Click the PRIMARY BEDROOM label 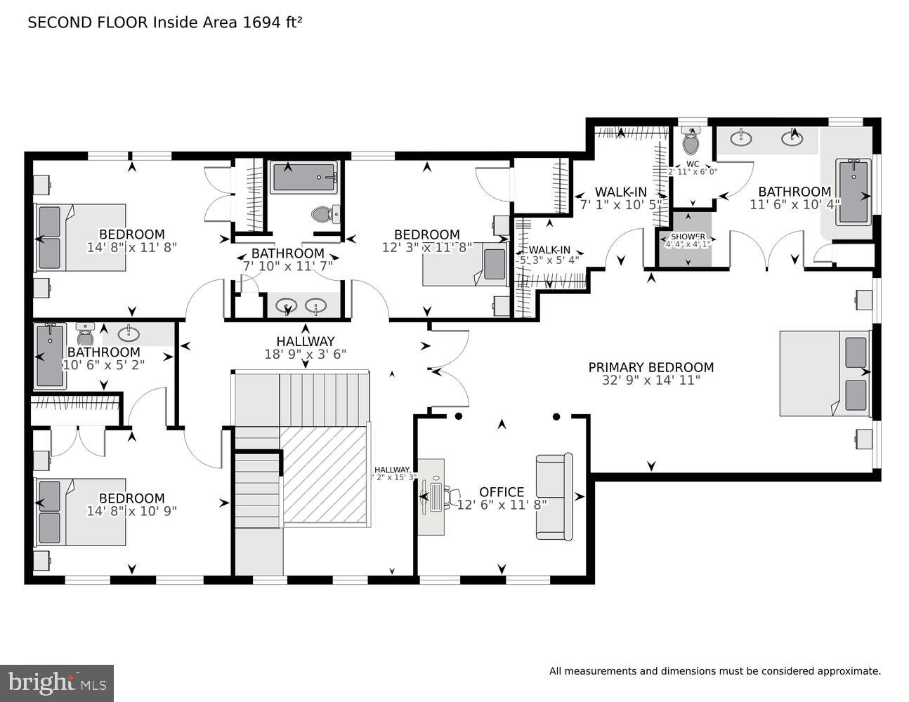[650, 367]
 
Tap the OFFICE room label [502, 492]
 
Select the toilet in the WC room [691, 143]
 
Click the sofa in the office [554, 496]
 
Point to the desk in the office [431, 497]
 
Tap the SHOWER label [688, 237]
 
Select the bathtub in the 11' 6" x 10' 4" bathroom [854, 191]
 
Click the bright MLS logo [57, 682]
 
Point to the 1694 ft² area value [272, 22]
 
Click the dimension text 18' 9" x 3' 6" [306, 355]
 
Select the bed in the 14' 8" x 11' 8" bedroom [80, 237]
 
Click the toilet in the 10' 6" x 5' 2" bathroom [86, 333]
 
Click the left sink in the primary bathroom [741, 138]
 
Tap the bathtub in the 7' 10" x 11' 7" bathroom [304, 177]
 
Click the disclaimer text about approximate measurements [714, 671]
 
